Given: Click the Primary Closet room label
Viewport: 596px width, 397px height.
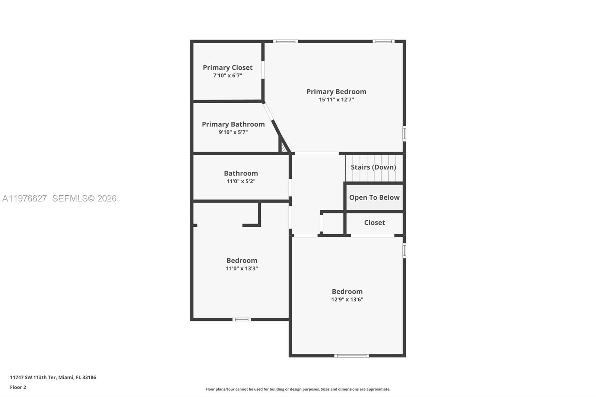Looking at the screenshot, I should point(228,67).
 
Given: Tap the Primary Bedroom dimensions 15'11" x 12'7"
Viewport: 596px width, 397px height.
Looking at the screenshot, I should point(336,100).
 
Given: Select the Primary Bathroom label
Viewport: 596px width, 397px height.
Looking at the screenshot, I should point(233,124).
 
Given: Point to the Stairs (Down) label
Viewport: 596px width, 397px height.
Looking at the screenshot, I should point(373,167).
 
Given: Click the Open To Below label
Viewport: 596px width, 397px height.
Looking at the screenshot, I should point(374,197).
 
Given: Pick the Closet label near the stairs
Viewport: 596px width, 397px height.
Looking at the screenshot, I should point(374,223).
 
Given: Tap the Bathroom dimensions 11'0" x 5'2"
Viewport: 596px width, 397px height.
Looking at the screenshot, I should point(241,181).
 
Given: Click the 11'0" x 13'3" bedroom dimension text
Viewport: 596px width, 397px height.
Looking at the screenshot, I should point(242,269).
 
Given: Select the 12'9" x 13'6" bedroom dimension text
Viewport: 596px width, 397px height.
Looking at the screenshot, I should point(347,299).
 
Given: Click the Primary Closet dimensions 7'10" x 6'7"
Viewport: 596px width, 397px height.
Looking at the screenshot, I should point(228,76).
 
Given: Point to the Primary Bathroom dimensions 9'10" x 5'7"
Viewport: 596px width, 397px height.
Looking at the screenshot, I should point(233,132).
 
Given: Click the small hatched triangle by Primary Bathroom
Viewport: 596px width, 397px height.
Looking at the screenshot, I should point(284,148).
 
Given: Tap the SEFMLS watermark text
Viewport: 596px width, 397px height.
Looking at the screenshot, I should point(84,198).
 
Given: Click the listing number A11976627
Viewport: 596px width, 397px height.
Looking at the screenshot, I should point(25,198).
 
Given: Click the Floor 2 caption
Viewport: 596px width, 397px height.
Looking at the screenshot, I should point(18,387).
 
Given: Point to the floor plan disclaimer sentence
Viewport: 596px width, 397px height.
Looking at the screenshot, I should point(298,389).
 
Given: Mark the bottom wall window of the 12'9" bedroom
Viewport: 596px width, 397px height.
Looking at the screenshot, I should point(351,356).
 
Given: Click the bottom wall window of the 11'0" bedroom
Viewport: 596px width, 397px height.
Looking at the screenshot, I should point(242,319).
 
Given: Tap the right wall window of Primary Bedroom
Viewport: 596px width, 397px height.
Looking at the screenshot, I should point(404,134).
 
